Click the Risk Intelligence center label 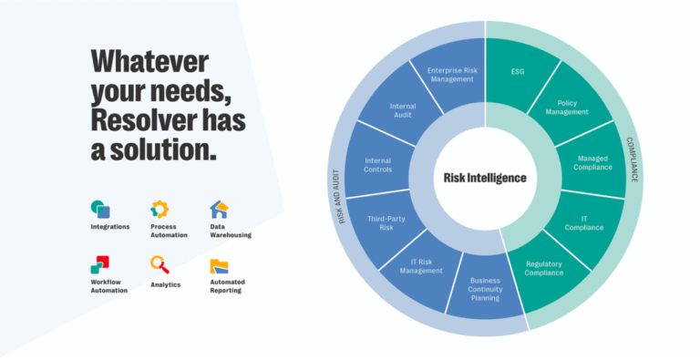coord(485,178)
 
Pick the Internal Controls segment coord(377,165)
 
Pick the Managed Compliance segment coord(593,162)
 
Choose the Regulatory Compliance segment coord(543,269)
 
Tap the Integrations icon coord(100,210)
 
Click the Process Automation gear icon coord(160,210)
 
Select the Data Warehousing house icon coord(219,210)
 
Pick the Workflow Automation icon coord(100,265)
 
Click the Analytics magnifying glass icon coord(160,265)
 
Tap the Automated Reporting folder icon coord(219,266)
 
